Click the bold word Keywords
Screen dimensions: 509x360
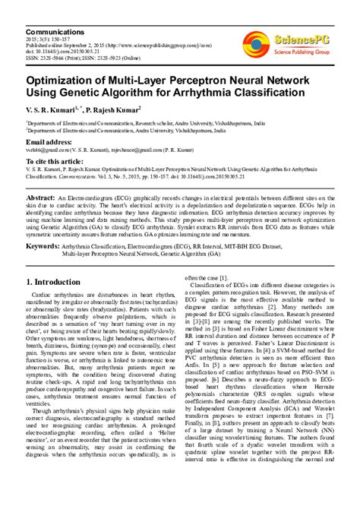pos(48,247)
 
